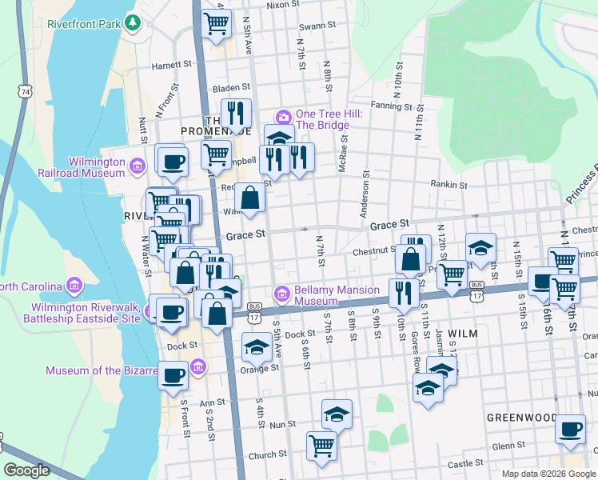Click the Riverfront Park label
click(82, 24)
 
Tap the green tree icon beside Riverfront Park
click(132, 24)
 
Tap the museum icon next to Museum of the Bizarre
click(199, 366)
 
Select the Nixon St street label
click(282, 5)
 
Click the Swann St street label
click(318, 26)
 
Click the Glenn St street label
click(508, 446)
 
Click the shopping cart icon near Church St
click(321, 445)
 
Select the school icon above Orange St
click(257, 346)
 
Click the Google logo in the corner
click(26, 470)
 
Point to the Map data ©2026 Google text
click(548, 474)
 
